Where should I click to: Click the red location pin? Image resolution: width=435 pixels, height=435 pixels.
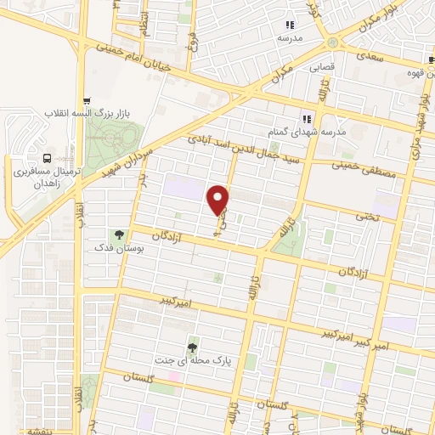click(218, 201)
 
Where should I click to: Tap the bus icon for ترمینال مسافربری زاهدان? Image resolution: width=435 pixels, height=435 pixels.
click(47, 158)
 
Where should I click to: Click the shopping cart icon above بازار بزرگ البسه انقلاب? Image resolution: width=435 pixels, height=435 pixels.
click(88, 99)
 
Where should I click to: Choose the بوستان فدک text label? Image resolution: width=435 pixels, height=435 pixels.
click(119, 249)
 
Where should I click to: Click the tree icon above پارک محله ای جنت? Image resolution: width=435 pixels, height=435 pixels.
click(193, 346)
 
